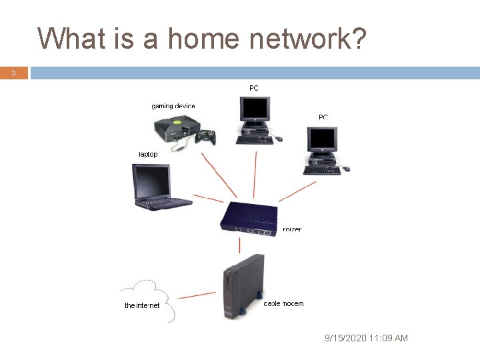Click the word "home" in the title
point(203,39)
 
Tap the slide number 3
point(14,73)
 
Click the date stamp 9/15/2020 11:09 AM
point(366,338)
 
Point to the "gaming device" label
point(173,106)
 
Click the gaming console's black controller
point(206,136)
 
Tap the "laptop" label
point(148,154)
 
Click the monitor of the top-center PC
point(255,108)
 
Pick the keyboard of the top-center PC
point(254,140)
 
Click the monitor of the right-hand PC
point(322,139)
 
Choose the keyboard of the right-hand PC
point(322,170)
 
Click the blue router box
point(249,217)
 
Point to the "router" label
point(292,229)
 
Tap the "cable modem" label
point(283,303)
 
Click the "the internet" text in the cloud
point(142,305)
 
